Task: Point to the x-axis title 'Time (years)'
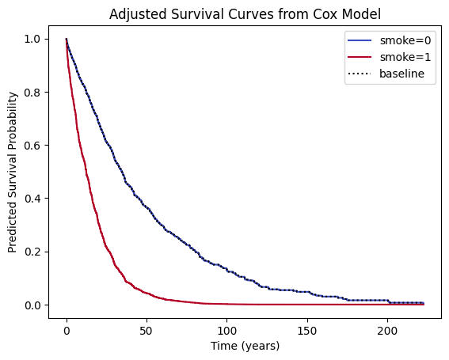pyautogui.click(x=244, y=346)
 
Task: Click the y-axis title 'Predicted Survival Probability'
pyautogui.click(x=13, y=171)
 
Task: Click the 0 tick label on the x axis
pyautogui.click(x=67, y=328)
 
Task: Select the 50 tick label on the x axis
pyautogui.click(x=146, y=328)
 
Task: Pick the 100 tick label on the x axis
pyautogui.click(x=226, y=328)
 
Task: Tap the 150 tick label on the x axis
pyautogui.click(x=306, y=328)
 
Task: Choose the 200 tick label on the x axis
pyautogui.click(x=387, y=328)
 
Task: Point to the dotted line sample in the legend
pyautogui.click(x=360, y=75)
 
